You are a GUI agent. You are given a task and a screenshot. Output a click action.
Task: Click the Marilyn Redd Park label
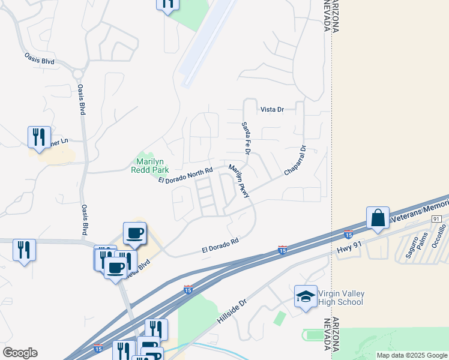[x=150, y=166]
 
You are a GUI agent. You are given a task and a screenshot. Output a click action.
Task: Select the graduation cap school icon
[x=306, y=296]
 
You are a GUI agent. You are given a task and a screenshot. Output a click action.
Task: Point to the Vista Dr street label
[x=271, y=110]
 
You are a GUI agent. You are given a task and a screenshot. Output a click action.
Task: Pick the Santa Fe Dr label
[x=245, y=136]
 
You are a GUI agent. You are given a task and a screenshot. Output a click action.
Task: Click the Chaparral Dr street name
[x=295, y=161]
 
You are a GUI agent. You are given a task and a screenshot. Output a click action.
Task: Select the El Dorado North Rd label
[x=186, y=175]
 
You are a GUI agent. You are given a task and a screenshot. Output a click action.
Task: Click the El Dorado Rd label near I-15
[x=220, y=245]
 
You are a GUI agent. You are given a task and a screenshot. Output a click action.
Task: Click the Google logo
[x=20, y=353]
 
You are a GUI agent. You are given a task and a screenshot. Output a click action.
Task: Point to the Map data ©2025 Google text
[x=412, y=355]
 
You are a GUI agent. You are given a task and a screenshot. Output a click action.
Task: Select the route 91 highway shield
[x=436, y=220]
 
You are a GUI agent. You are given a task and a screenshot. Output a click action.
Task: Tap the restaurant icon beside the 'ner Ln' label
[x=39, y=137]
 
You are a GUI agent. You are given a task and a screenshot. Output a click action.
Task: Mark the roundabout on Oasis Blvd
[x=78, y=74]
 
